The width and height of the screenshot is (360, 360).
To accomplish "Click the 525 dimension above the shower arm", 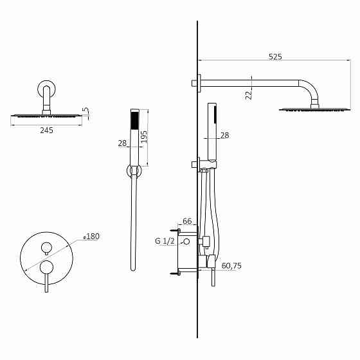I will tap(274, 57).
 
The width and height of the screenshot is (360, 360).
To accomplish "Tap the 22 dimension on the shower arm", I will tap(249, 94).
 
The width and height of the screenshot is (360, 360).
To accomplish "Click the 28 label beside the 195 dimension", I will tap(122, 143).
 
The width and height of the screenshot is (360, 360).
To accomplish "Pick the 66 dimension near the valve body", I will tap(187, 221).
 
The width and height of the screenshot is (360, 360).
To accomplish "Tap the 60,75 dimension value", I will tap(231, 265).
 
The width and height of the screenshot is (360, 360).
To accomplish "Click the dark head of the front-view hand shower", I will tap(134, 120).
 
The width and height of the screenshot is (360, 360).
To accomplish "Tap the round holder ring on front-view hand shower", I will tap(134, 170).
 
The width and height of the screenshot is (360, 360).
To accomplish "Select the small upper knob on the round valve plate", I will tap(46, 247).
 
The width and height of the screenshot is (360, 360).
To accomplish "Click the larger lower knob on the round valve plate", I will tap(46, 266).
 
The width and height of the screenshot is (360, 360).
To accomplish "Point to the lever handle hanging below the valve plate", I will tap(46, 283).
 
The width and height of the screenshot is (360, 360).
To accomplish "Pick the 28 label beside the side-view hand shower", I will tap(224, 135).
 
